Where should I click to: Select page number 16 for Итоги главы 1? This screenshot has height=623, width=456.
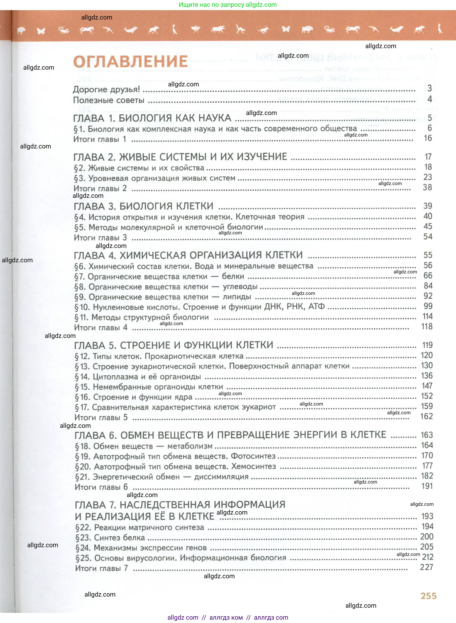(x=428, y=138)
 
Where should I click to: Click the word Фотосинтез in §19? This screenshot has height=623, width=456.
(x=253, y=456)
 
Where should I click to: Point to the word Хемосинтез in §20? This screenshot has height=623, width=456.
(x=253, y=466)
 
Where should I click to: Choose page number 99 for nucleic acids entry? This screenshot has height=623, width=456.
(x=428, y=306)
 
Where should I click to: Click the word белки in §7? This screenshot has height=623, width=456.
(x=233, y=276)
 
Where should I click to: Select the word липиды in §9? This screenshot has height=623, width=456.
(x=237, y=297)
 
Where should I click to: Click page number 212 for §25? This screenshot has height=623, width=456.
(x=428, y=557)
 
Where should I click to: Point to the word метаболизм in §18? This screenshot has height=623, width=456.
(x=190, y=446)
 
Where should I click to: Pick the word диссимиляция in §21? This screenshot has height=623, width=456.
(x=221, y=477)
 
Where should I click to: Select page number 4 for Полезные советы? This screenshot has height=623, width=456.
(x=430, y=99)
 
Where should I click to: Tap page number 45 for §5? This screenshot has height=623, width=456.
(x=428, y=226)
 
